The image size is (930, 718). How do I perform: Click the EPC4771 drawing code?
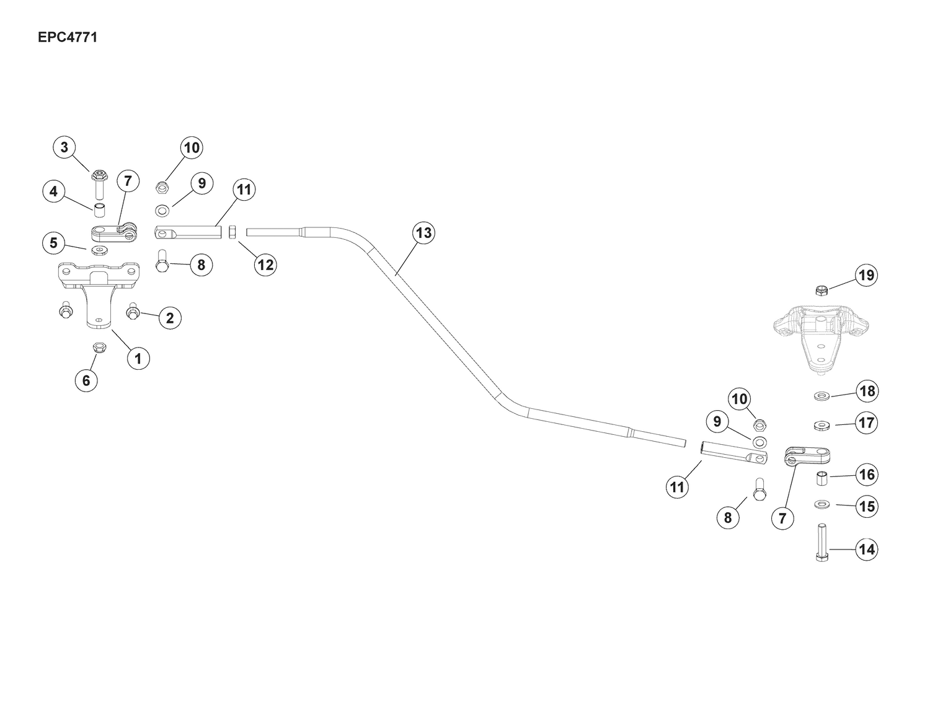pyautogui.click(x=68, y=38)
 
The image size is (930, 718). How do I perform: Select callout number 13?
pyautogui.click(x=423, y=233)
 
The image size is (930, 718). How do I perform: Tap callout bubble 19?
pyautogui.click(x=867, y=275)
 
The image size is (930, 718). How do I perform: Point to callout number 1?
pyautogui.click(x=138, y=358)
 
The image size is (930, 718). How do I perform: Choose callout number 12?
pyautogui.click(x=265, y=265)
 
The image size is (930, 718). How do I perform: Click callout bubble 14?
pyautogui.click(x=867, y=549)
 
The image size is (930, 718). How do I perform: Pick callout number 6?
pyautogui.click(x=86, y=380)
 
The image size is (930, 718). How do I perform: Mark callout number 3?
pyautogui.click(x=64, y=147)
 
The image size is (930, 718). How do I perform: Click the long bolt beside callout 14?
pyautogui.click(x=821, y=542)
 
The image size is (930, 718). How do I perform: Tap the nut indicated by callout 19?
pyautogui.click(x=821, y=291)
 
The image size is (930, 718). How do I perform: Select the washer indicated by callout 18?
pyautogui.click(x=821, y=396)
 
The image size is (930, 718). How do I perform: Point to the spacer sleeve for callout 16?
pyautogui.click(x=821, y=478)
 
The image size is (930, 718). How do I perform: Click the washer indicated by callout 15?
pyautogui.click(x=821, y=505)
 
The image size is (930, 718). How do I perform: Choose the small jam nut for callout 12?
pyautogui.click(x=232, y=232)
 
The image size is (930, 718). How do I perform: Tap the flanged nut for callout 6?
pyautogui.click(x=100, y=347)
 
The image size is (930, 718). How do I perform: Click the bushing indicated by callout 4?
pyautogui.click(x=100, y=211)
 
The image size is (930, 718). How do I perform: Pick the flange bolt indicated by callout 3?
pyautogui.click(x=99, y=185)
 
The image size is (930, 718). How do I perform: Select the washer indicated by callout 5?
pyautogui.click(x=100, y=250)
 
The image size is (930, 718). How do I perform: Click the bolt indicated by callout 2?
pyautogui.click(x=133, y=312)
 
